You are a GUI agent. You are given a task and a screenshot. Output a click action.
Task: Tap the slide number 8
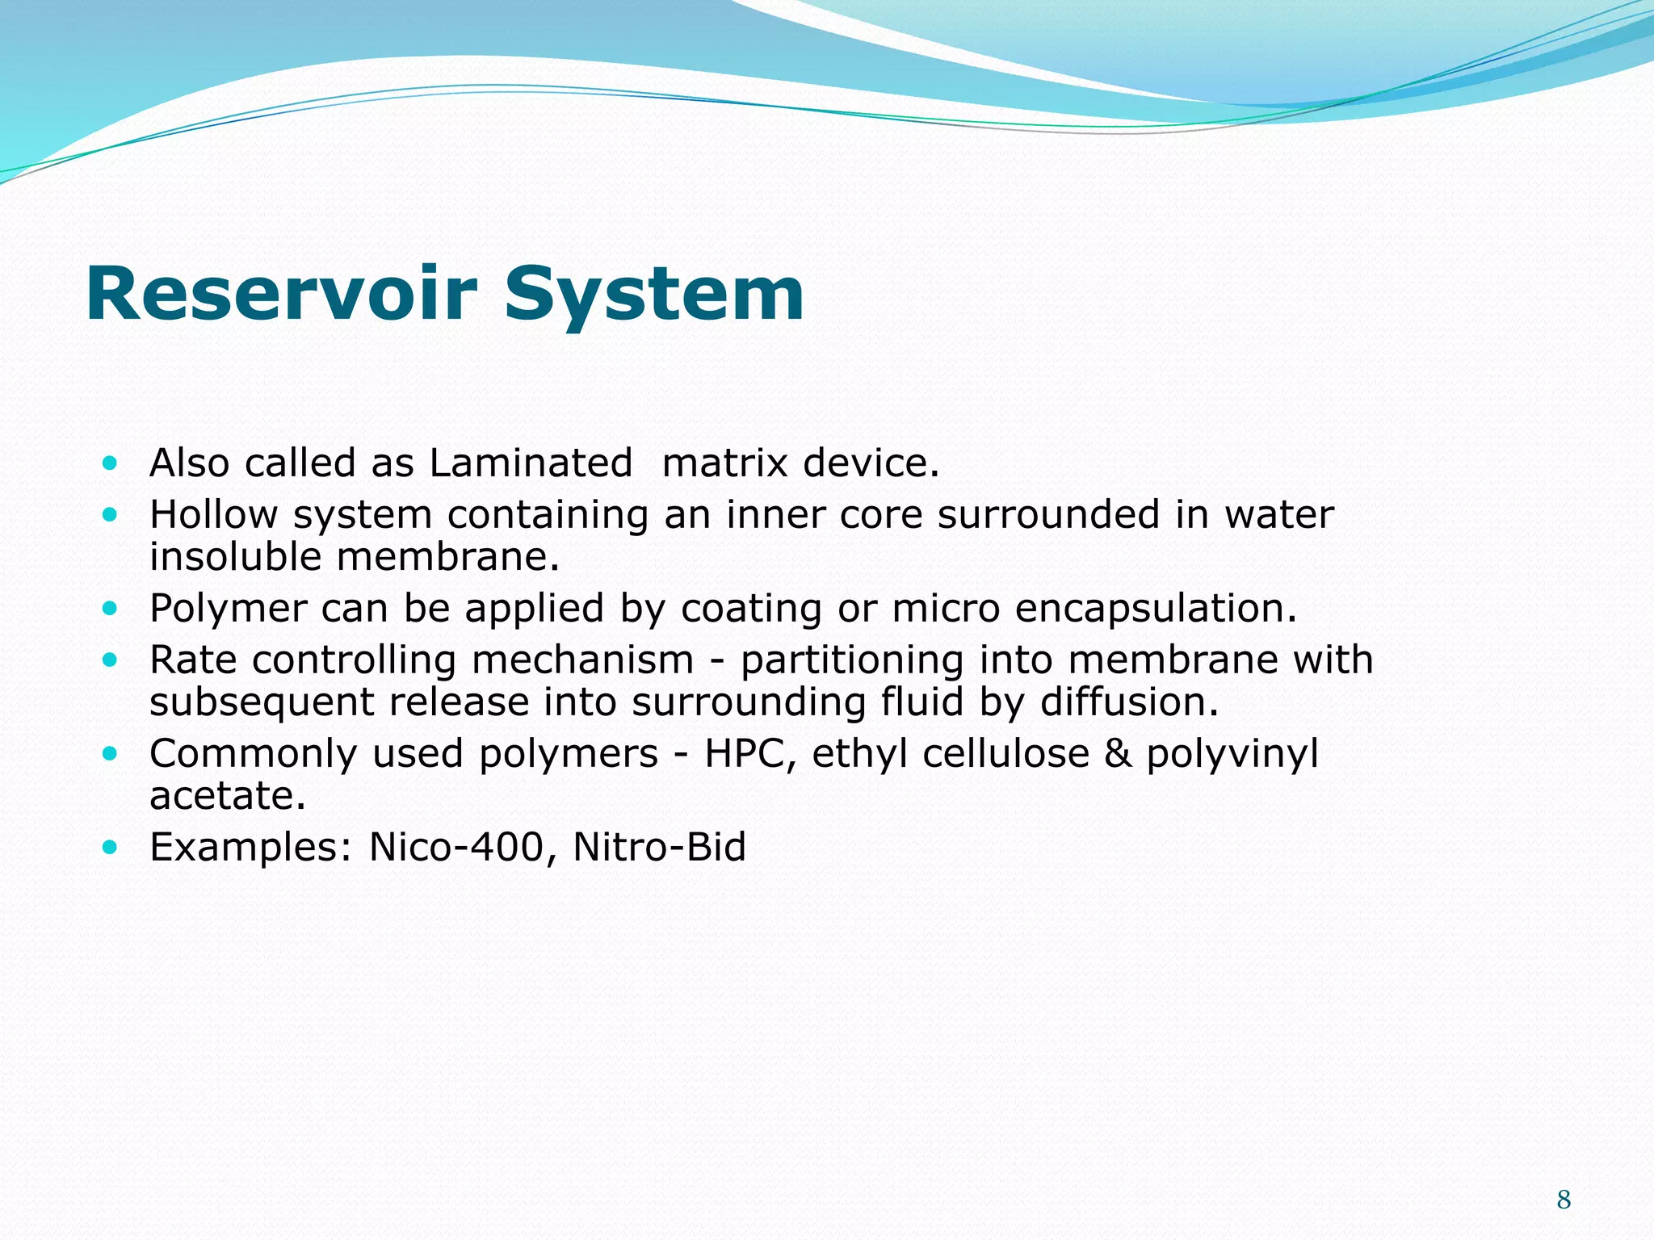click(1564, 1200)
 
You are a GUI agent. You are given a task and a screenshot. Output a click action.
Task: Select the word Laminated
click(531, 463)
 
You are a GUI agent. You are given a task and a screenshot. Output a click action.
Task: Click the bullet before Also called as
click(111, 463)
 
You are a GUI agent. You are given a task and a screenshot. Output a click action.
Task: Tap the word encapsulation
click(1156, 609)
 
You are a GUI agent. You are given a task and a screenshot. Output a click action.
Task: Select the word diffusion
click(1129, 702)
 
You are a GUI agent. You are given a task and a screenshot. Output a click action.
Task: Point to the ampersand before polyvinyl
click(1117, 754)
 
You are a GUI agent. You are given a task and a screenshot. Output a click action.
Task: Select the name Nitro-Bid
click(659, 848)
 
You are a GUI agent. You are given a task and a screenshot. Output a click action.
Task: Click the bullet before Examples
click(111, 847)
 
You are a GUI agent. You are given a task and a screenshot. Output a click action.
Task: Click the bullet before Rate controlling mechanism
click(111, 660)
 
